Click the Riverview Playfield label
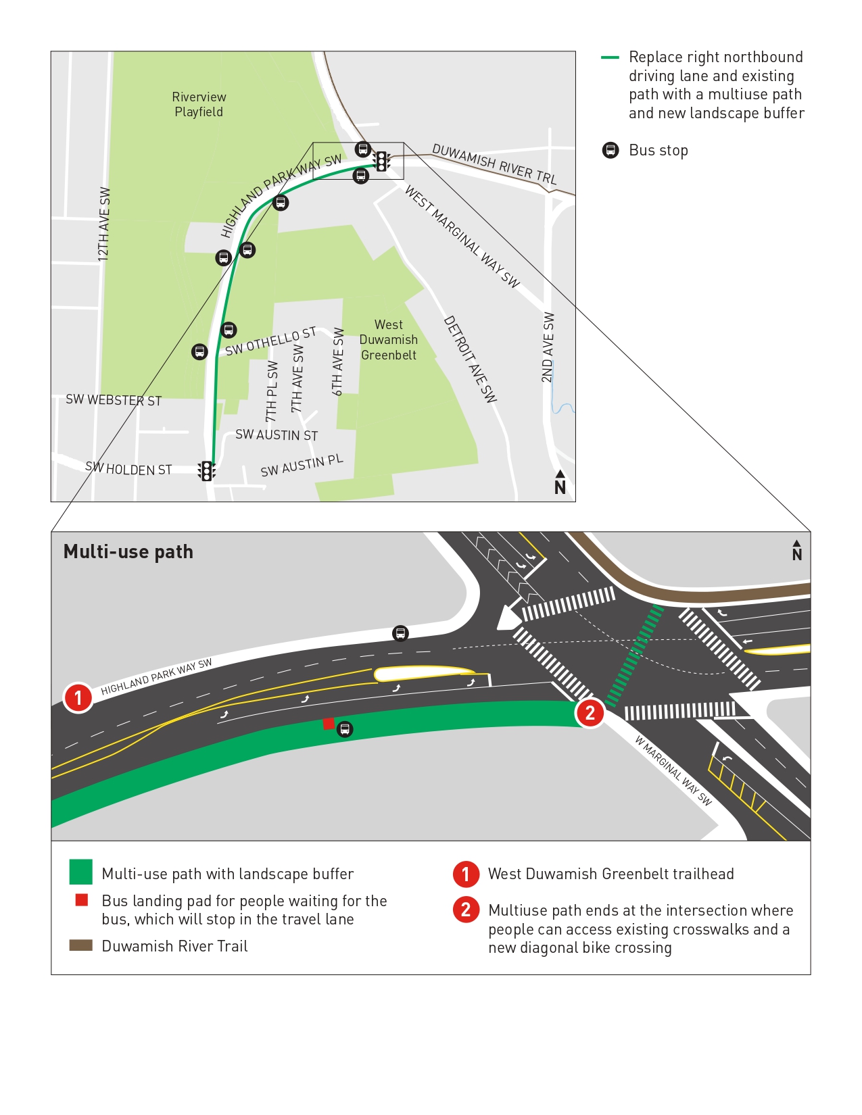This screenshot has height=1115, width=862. pyautogui.click(x=199, y=105)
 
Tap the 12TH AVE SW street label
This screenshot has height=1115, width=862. pyautogui.click(x=103, y=224)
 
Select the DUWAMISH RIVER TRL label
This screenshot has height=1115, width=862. pyautogui.click(x=494, y=164)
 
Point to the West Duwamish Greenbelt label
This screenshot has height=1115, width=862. pyautogui.click(x=389, y=340)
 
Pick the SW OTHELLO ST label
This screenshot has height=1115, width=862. pyautogui.click(x=270, y=341)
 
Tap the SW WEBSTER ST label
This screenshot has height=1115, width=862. pyautogui.click(x=114, y=400)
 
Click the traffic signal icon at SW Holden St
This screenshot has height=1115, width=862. pyautogui.click(x=206, y=470)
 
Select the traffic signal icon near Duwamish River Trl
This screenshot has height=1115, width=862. pyautogui.click(x=382, y=161)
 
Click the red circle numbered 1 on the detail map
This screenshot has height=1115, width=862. pyautogui.click(x=78, y=697)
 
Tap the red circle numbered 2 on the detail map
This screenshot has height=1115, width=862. pyautogui.click(x=590, y=712)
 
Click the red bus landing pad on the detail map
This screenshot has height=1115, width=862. pyautogui.click(x=329, y=724)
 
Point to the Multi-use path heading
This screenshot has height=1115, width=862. pyautogui.click(x=128, y=552)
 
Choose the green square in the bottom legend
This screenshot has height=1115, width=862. pyautogui.click(x=80, y=872)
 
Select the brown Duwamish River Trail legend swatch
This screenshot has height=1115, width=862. pyautogui.click(x=80, y=945)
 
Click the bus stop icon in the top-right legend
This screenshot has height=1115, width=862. pyautogui.click(x=610, y=150)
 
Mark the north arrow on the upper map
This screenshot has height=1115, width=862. pyautogui.click(x=560, y=482)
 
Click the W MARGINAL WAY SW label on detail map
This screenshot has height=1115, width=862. pyautogui.click(x=673, y=770)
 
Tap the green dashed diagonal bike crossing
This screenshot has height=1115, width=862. pyautogui.click(x=635, y=655)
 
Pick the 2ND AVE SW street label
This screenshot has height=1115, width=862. pyautogui.click(x=548, y=347)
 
